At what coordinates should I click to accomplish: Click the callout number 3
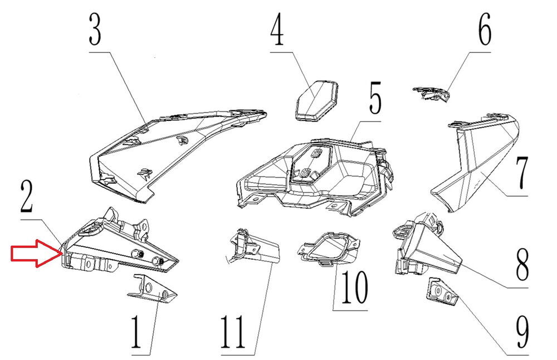[95, 30]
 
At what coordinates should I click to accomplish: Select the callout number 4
[277, 30]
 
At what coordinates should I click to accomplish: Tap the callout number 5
[375, 98]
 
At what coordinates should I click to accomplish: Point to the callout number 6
[485, 30]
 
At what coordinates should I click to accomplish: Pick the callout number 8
[522, 264]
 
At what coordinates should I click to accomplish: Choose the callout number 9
[522, 332]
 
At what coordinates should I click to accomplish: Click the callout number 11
[233, 332]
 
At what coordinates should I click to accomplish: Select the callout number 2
[27, 197]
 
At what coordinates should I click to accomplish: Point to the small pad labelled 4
[316, 100]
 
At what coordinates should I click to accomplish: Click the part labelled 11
[253, 246]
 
